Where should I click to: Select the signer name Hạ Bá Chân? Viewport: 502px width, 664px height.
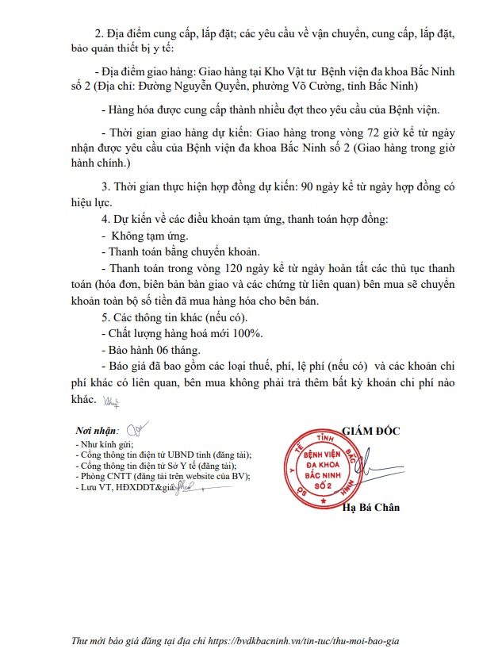pos(371,507)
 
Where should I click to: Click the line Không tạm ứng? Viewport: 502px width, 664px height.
pos(144,236)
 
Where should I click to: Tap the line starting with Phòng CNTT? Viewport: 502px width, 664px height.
pos(162,476)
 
